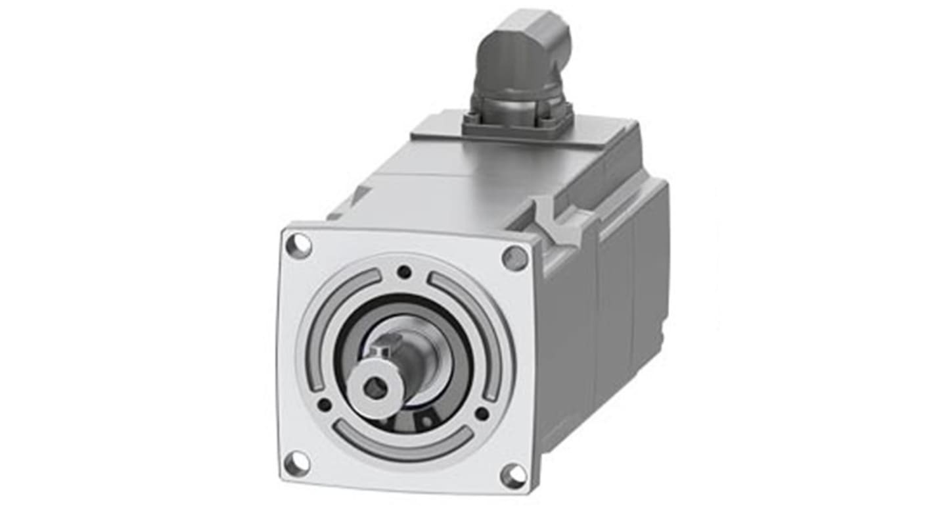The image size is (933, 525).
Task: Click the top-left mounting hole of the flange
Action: tap(298, 246)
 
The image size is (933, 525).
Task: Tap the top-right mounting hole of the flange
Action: tap(515, 258)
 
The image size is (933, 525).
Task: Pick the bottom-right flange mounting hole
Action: tap(512, 474)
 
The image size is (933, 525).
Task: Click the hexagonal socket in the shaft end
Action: tap(375, 389)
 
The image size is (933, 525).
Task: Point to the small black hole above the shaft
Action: tap(405, 271)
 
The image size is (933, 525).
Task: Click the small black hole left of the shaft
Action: tap(324, 404)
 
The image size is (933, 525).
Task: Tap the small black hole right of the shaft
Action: tap(482, 414)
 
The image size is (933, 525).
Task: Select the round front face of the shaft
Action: tap(376, 388)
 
